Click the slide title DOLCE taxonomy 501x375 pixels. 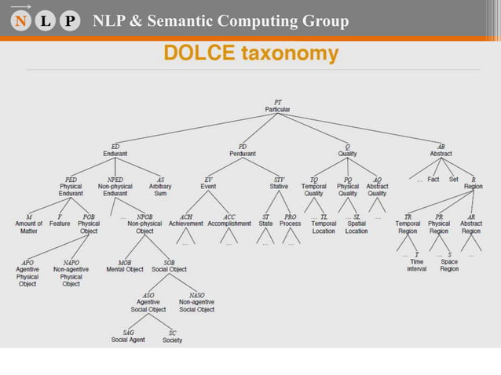[x=251, y=53]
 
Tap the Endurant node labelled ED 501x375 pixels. [x=115, y=150]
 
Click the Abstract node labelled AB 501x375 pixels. [x=441, y=150]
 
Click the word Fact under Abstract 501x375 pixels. [x=433, y=180]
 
